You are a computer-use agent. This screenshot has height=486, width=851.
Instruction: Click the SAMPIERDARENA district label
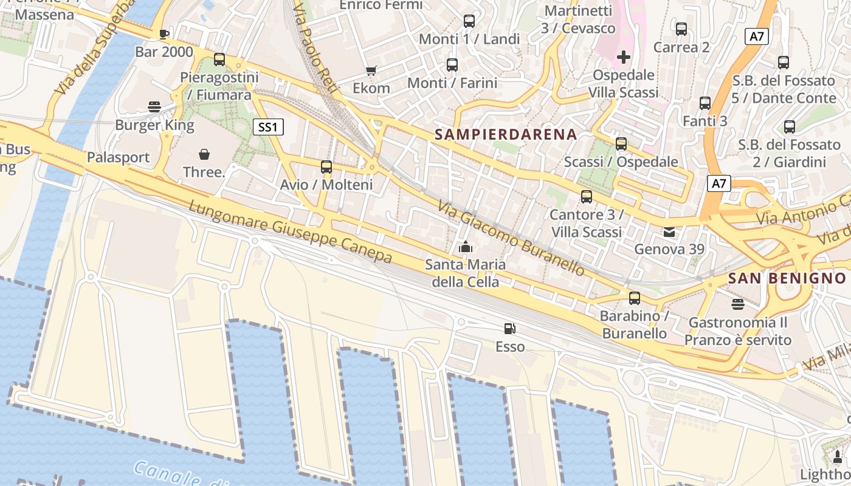(506, 134)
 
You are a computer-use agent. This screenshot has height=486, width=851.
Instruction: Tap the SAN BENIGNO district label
(787, 278)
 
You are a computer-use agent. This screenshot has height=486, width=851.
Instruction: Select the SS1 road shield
(268, 127)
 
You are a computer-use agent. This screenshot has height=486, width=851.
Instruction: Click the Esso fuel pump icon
(510, 329)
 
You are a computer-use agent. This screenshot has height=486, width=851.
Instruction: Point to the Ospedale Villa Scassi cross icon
(624, 57)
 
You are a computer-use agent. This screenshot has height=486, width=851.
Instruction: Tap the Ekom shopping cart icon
(371, 70)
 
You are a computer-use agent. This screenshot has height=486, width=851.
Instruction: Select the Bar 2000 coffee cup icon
(164, 33)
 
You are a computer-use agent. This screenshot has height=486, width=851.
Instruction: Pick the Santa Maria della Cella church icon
(466, 246)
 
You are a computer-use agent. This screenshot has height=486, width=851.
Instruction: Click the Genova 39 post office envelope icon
(669, 231)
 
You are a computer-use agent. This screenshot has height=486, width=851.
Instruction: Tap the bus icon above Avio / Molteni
(326, 166)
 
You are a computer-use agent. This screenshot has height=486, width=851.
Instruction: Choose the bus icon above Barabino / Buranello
(635, 298)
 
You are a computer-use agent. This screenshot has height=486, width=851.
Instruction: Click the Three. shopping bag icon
(204, 154)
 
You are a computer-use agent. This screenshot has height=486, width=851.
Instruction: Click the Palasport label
(118, 158)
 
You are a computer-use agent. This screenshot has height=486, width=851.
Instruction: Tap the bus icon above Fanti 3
(705, 103)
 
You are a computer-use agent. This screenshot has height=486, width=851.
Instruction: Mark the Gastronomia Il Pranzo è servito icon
(738, 304)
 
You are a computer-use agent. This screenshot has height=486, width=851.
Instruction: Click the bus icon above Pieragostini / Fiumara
(219, 60)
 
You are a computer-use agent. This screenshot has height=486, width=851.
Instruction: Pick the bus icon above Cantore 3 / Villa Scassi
(587, 196)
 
